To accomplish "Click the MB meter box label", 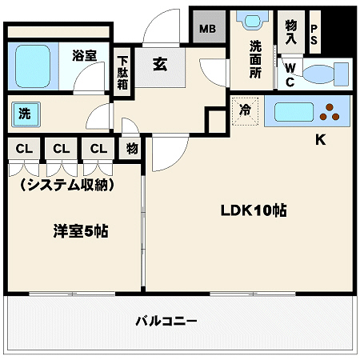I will pos(207,30).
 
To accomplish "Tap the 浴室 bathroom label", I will pos(84,55).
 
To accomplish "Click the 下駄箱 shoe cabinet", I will pos(123,74).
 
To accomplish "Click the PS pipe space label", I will pos(314,34).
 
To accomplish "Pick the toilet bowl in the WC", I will pos(323,74).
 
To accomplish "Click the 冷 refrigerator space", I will pos(246,111).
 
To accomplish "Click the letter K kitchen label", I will pos(320,140).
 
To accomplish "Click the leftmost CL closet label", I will pos(24,149).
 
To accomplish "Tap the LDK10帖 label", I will pos(254,211).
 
